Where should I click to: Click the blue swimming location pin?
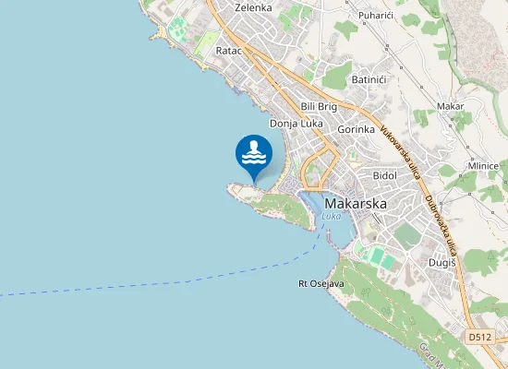point(254,156)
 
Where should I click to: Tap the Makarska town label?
point(357,203)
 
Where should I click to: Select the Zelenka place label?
point(253,7)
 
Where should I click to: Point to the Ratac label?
point(228,51)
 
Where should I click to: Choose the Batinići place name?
point(369,80)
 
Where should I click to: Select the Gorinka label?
point(356,130)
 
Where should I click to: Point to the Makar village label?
point(450,106)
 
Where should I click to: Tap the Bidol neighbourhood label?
point(383,175)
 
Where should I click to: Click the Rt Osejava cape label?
point(321,283)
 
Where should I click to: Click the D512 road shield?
point(478,338)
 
